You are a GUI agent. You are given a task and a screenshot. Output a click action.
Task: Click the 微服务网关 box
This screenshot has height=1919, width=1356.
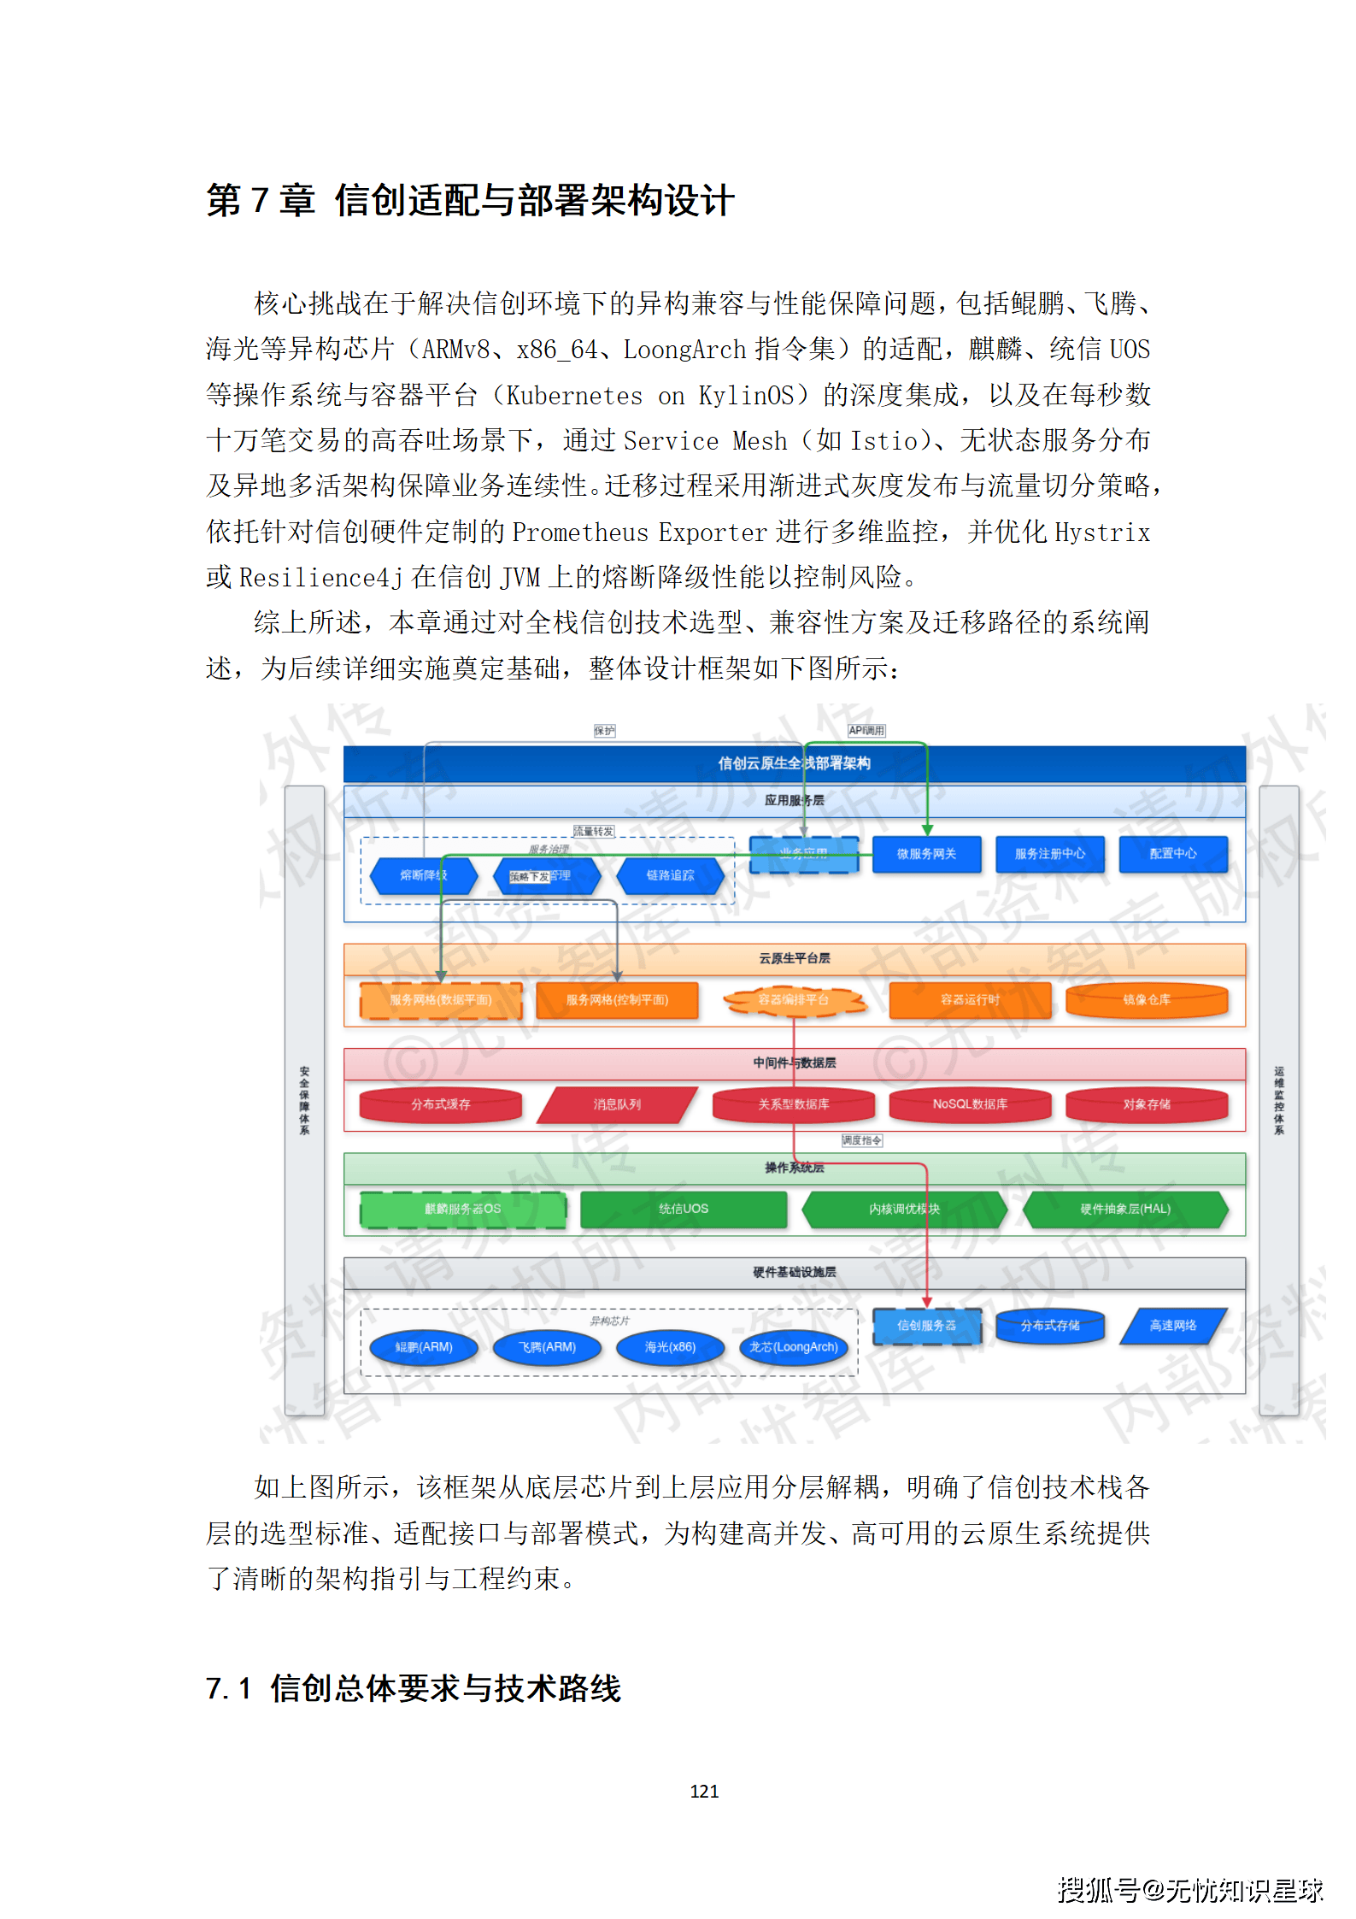point(926,854)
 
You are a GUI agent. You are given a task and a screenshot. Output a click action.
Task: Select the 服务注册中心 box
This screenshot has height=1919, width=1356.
point(1049,854)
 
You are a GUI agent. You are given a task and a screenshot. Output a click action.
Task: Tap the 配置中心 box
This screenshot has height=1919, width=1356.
point(1172,854)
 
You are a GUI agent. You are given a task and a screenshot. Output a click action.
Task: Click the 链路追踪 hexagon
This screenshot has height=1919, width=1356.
point(671,876)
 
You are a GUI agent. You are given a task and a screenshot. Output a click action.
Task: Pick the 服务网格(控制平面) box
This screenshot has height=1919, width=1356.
point(617,1000)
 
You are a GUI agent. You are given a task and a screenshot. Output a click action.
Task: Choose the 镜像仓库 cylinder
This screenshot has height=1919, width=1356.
point(1146,1000)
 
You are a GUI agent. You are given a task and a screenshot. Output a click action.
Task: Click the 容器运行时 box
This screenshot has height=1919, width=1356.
point(970,1000)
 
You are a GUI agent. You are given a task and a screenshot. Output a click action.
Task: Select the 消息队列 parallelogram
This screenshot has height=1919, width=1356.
point(617,1105)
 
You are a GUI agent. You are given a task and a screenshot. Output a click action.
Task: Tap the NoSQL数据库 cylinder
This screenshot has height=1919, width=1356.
point(970,1105)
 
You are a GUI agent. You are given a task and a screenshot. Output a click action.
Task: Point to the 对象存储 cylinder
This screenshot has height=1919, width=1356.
point(1146,1105)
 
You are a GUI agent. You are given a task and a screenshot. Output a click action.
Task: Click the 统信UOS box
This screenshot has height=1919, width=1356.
point(684,1210)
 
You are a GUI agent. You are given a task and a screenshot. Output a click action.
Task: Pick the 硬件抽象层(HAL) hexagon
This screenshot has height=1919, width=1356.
point(1124,1210)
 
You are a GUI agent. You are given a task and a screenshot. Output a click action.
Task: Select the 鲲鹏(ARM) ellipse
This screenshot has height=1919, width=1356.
point(424,1348)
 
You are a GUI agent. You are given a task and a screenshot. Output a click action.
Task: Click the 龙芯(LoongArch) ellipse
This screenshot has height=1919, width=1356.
point(793,1348)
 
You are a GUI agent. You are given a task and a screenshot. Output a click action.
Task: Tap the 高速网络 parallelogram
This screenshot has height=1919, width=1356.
point(1172,1326)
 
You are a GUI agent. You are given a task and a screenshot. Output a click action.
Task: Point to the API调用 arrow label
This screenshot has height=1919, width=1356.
point(866,731)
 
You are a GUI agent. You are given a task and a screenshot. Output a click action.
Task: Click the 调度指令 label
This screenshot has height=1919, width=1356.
point(861,1141)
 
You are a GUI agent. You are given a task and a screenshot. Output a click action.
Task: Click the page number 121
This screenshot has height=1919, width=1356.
point(704,1792)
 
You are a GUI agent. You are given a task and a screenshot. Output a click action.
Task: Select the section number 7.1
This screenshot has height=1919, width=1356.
point(228,1689)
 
